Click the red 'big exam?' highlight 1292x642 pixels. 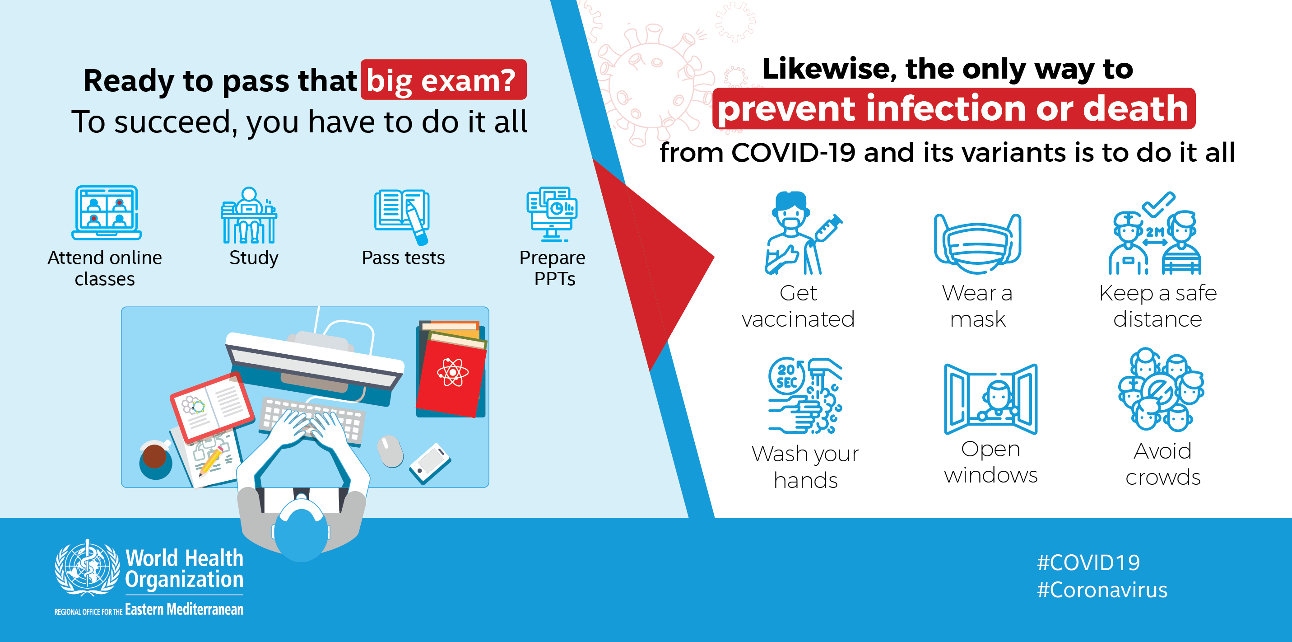click(x=443, y=80)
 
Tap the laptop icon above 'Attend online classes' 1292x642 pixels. click(x=107, y=213)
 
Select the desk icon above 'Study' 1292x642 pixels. click(x=249, y=216)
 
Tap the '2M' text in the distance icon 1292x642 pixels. click(x=1155, y=232)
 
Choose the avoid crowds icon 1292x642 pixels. click(x=1161, y=389)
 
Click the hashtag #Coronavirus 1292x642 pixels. click(x=1102, y=590)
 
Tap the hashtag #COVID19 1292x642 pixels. click(x=1088, y=562)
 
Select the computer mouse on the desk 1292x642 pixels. click(x=390, y=451)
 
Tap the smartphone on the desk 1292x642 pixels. click(x=430, y=463)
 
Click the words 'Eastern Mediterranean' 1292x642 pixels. click(x=184, y=609)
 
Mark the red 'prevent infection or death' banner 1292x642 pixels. click(x=953, y=108)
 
